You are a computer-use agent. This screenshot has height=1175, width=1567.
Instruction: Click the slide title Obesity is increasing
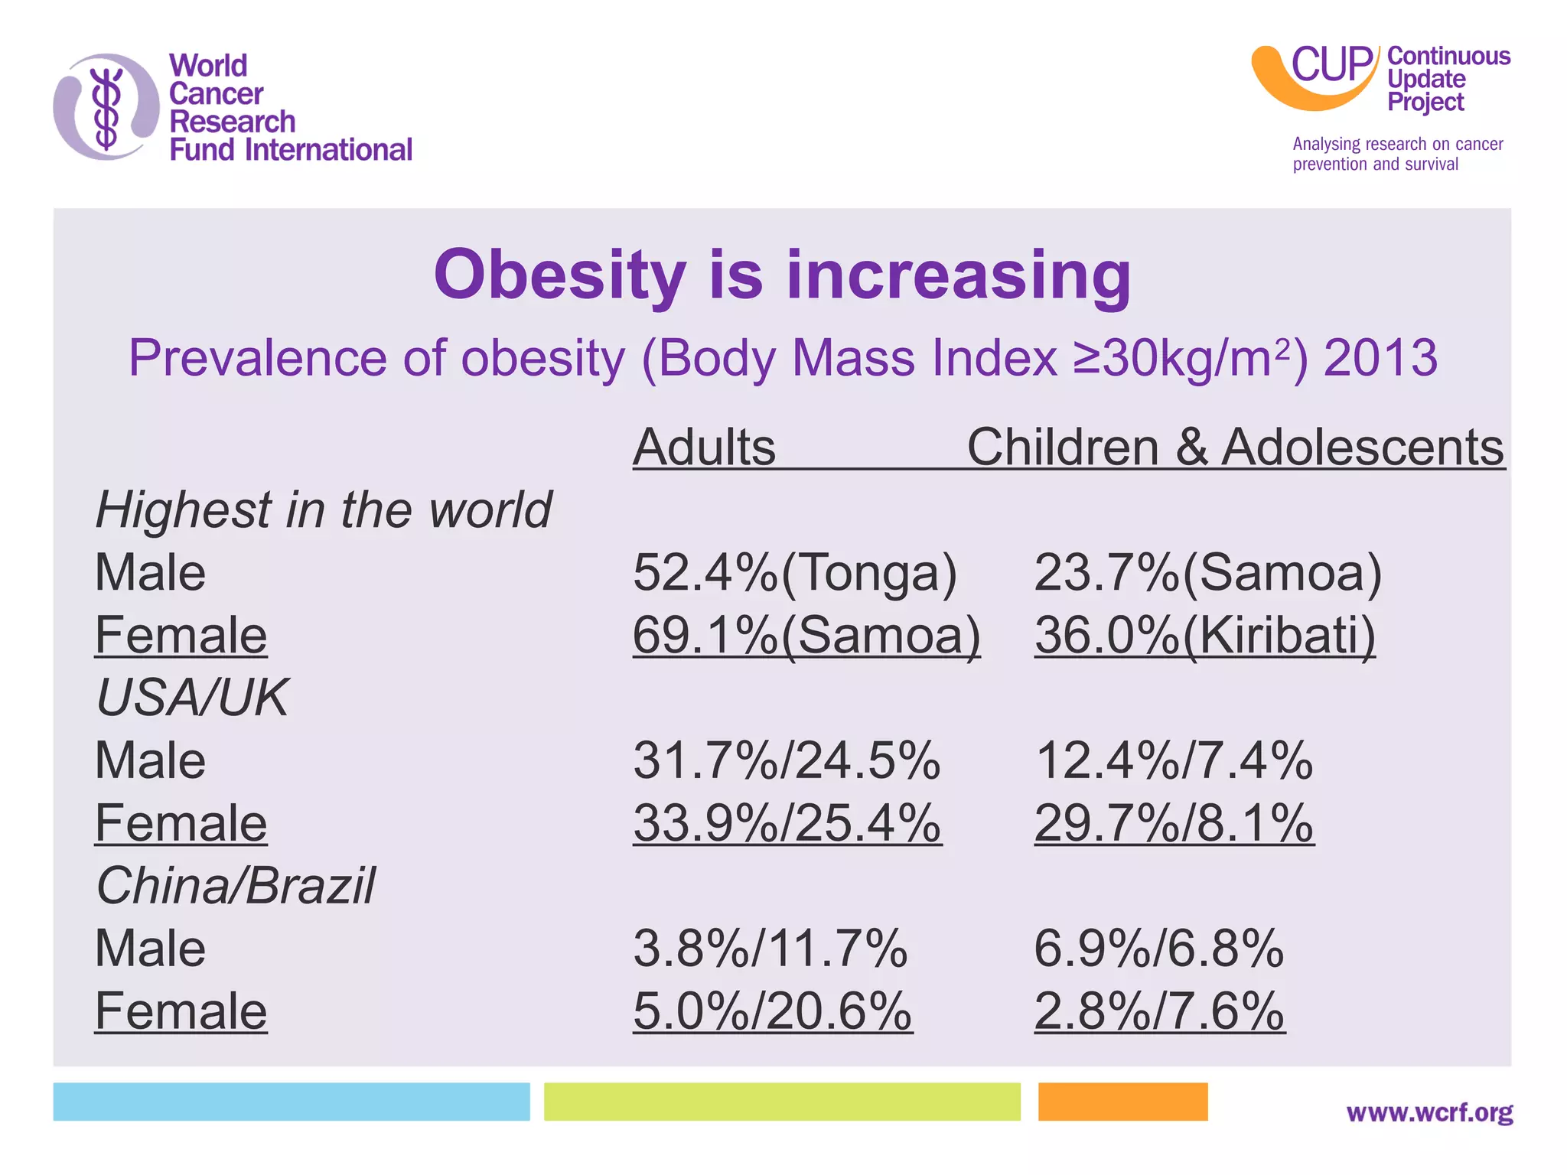tap(782, 275)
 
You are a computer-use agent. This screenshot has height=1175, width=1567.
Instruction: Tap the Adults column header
tap(704, 447)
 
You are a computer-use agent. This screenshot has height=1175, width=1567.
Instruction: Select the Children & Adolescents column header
tap(1235, 447)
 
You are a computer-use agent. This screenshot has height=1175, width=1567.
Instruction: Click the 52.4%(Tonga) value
tap(794, 573)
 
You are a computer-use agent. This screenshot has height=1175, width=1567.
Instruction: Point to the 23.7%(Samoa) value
tap(1207, 573)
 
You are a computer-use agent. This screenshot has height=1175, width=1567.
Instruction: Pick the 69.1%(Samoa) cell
tap(806, 636)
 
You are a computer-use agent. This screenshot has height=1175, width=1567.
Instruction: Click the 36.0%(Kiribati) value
tap(1204, 636)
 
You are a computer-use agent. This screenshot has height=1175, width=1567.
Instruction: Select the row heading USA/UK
tap(192, 698)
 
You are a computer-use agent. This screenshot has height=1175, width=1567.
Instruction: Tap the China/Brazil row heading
tap(236, 886)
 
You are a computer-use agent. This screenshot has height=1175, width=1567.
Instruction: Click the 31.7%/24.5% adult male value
tap(787, 761)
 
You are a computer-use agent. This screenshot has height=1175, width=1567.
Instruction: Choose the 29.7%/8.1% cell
tap(1174, 824)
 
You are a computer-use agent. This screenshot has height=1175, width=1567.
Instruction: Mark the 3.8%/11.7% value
tap(770, 949)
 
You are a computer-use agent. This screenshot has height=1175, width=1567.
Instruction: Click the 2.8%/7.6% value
tap(1158, 1011)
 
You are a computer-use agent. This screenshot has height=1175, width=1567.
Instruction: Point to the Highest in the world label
tap(323, 510)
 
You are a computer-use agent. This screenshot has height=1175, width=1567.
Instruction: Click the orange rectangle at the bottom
tap(1122, 1102)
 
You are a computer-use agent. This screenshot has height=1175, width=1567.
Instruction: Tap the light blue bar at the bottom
tap(291, 1102)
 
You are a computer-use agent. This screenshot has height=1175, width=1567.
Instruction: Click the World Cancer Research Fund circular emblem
tap(106, 107)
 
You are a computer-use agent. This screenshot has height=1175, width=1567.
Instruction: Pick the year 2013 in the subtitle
tap(1380, 358)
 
